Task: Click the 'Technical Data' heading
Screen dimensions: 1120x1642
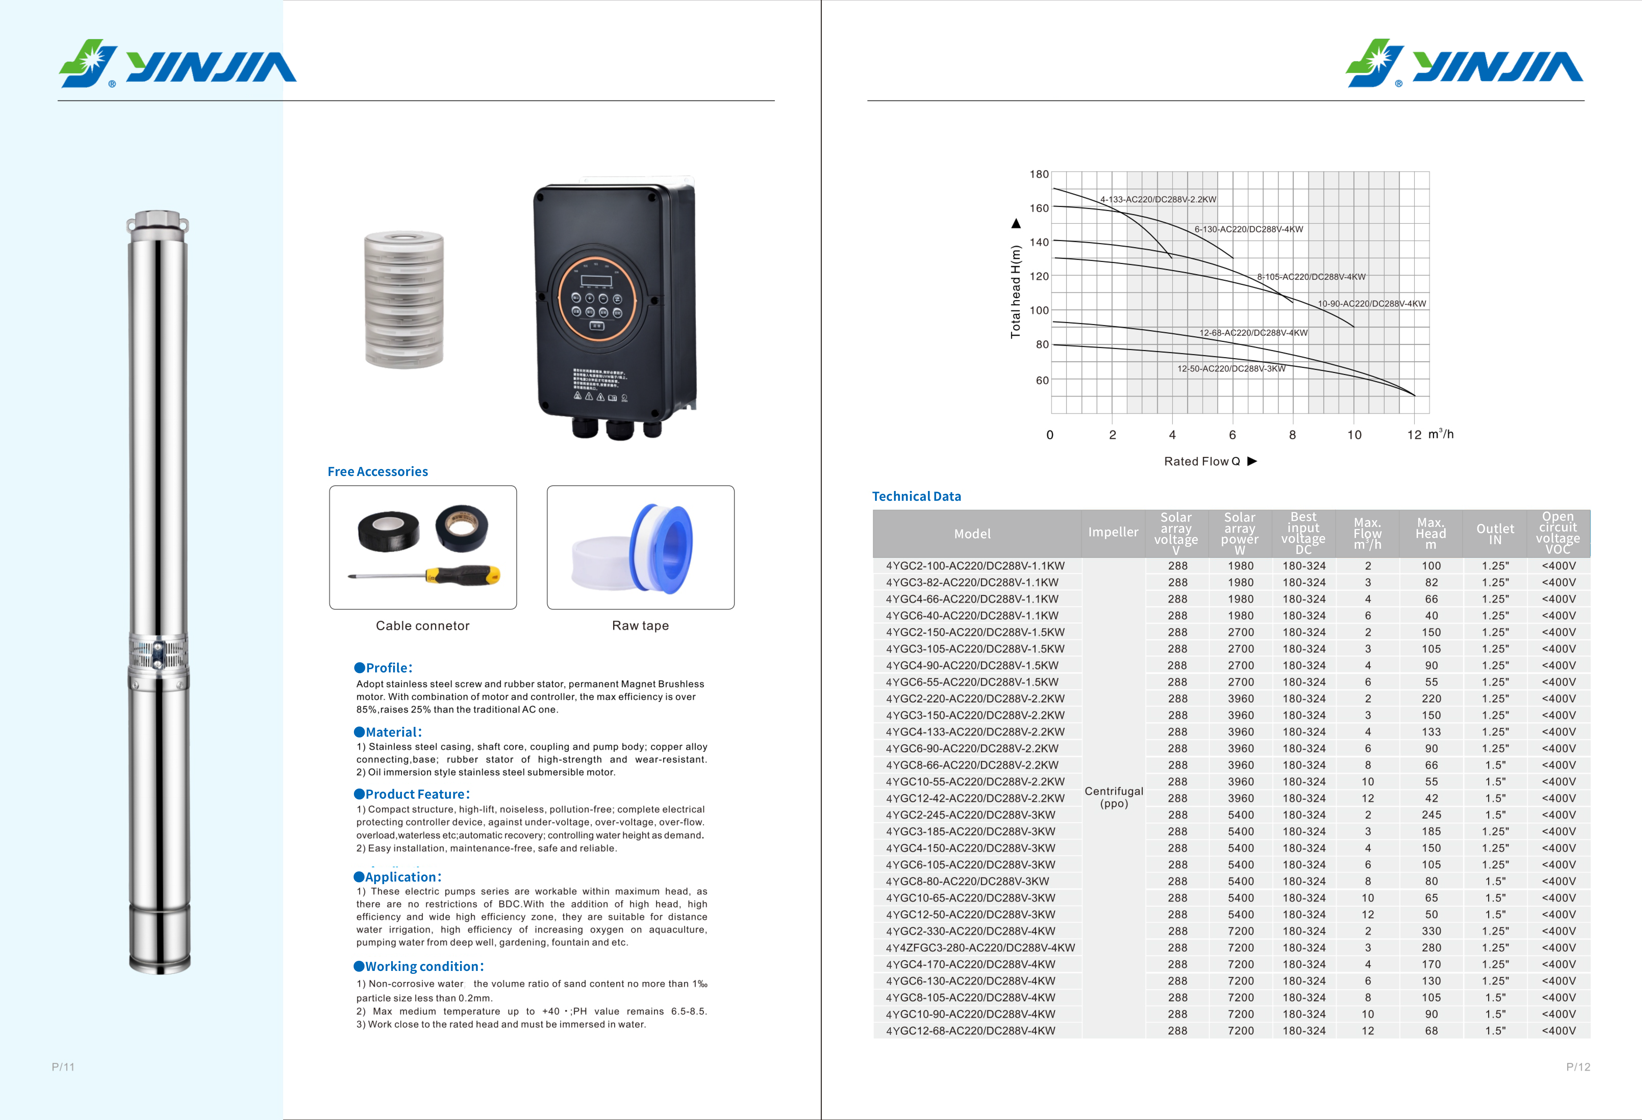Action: click(917, 497)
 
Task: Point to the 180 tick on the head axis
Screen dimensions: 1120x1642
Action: click(1039, 175)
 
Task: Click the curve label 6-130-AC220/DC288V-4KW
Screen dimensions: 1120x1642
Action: click(1249, 229)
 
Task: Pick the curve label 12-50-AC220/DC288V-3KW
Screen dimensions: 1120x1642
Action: click(1231, 369)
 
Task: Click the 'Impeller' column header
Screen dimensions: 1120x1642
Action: click(1113, 532)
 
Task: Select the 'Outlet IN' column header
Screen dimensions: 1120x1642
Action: click(1495, 534)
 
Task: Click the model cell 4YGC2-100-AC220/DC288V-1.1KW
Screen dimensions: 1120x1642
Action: click(975, 566)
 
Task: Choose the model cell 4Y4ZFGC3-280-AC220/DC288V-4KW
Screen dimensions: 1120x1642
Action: click(980, 948)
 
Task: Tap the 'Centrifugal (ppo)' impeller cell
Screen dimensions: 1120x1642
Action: click(1113, 797)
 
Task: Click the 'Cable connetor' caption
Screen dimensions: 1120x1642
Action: click(422, 626)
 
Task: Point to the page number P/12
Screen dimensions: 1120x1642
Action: click(1578, 1067)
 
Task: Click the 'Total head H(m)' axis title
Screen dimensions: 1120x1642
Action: click(1015, 292)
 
